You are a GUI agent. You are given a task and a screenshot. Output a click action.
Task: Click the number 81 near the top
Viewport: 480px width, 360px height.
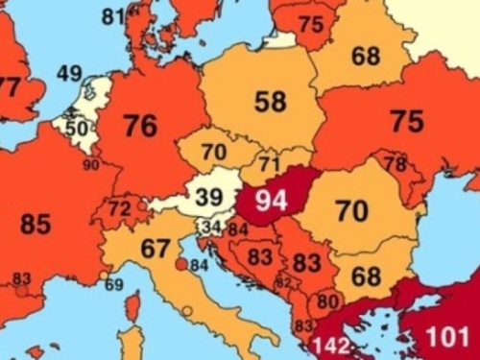[x=113, y=15]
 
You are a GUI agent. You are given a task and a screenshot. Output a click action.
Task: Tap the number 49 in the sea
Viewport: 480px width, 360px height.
[x=69, y=74]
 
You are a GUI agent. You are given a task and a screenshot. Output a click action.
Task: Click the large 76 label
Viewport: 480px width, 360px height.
[x=141, y=126]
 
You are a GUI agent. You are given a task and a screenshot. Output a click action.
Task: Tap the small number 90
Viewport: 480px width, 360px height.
[x=91, y=165]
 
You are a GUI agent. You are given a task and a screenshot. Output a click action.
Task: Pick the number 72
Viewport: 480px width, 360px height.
[x=120, y=207]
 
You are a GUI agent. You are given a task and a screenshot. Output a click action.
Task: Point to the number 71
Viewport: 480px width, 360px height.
[x=270, y=162]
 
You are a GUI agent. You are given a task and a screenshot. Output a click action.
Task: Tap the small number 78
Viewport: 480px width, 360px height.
[x=395, y=164]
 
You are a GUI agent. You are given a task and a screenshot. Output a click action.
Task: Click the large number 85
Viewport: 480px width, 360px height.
[x=36, y=226]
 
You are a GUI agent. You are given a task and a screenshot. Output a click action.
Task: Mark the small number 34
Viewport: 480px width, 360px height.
[x=211, y=228]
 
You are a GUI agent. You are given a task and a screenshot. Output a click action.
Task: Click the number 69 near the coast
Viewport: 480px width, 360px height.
[x=114, y=284]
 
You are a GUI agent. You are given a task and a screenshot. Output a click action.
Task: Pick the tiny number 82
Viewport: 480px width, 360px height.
[x=282, y=283]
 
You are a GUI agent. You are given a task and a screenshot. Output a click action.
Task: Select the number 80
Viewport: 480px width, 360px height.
[x=327, y=300]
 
